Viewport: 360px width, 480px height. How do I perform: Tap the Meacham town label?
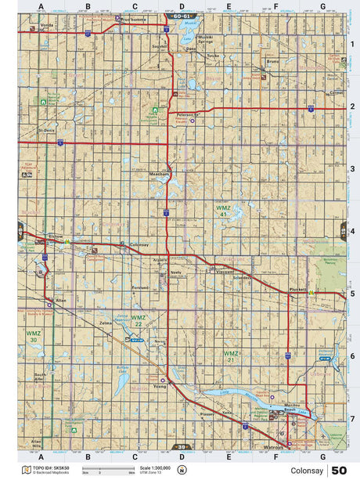[160, 174]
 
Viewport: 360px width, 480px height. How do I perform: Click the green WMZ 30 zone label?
[33, 336]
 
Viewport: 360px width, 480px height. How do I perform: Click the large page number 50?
[339, 470]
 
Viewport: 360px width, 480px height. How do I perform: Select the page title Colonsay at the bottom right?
[304, 471]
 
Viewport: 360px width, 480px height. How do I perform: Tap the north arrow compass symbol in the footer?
[182, 469]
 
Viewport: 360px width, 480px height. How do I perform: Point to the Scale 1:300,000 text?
[153, 467]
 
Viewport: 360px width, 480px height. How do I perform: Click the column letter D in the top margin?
[182, 5]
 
